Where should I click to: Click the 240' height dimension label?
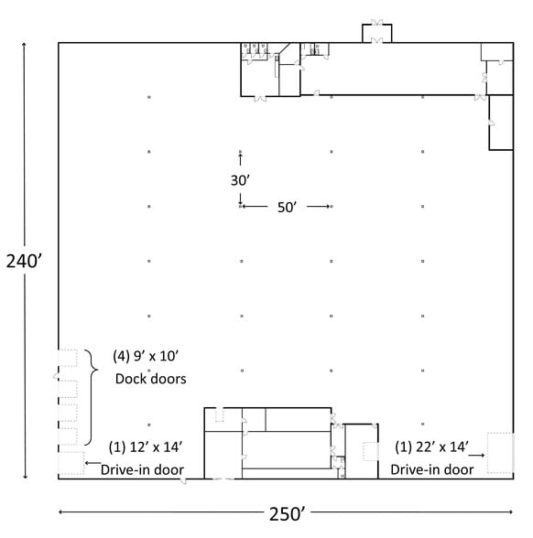(x=24, y=262)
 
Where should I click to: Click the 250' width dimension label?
(x=288, y=514)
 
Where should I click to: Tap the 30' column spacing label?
(x=240, y=180)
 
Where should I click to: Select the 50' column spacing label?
(x=287, y=207)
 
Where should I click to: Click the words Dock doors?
(x=151, y=379)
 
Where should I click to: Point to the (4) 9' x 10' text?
(x=146, y=356)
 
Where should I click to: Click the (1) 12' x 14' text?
(x=146, y=447)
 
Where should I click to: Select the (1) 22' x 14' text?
(x=431, y=447)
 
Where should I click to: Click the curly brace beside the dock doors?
(x=92, y=397)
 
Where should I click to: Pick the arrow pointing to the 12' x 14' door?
(x=93, y=463)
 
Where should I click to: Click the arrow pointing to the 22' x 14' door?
(x=476, y=456)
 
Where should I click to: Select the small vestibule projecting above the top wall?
(x=376, y=33)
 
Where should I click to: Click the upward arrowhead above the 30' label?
(x=240, y=156)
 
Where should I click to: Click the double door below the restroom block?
(x=260, y=99)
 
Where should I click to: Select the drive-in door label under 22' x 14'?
(x=432, y=469)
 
